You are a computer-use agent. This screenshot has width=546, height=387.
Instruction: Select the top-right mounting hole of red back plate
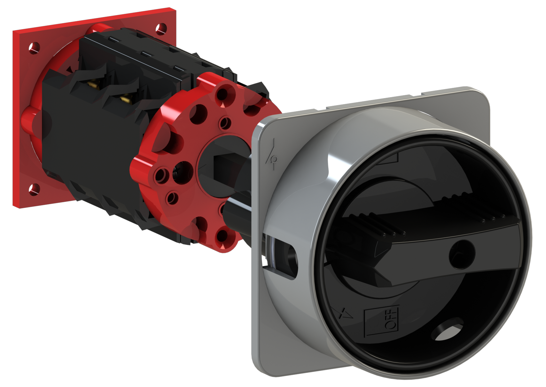tap(161, 29)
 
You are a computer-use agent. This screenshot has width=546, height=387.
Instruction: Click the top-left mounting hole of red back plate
tap(34, 48)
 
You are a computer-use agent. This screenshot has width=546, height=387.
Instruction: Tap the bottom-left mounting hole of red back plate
tap(35, 189)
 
